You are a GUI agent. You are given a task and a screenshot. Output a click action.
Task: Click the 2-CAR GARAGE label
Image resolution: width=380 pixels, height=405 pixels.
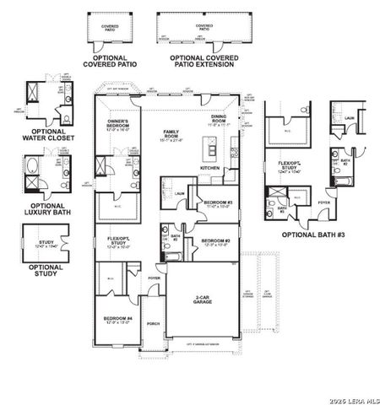click(x=203, y=300)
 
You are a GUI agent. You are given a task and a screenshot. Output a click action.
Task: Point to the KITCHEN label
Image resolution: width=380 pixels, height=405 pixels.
click(x=209, y=168)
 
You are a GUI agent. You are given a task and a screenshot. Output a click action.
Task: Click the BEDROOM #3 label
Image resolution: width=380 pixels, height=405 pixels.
click(x=218, y=204)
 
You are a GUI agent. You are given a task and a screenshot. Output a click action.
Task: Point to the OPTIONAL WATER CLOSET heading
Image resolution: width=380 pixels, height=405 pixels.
click(x=53, y=135)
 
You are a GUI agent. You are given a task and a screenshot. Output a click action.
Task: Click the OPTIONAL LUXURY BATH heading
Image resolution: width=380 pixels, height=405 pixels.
click(x=53, y=208)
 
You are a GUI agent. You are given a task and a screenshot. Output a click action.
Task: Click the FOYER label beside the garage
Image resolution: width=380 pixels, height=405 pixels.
click(x=154, y=278)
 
